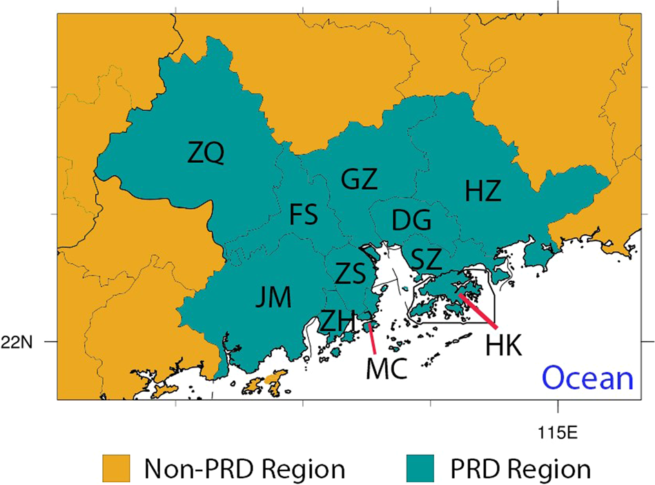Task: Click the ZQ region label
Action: pyautogui.click(x=206, y=152)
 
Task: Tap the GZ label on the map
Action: pyautogui.click(x=360, y=180)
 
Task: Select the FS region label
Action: pyautogui.click(x=303, y=216)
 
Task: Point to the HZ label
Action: pyautogui.click(x=482, y=190)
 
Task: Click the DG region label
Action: pyautogui.click(x=411, y=221)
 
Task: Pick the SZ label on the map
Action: pyautogui.click(x=426, y=259)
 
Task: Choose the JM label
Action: pyautogui.click(x=273, y=297)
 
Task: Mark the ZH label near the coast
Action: pyautogui.click(x=338, y=320)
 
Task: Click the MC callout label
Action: pyautogui.click(x=385, y=369)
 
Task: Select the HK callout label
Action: pyautogui.click(x=503, y=344)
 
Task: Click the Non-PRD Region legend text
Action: pyautogui.click(x=244, y=469)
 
